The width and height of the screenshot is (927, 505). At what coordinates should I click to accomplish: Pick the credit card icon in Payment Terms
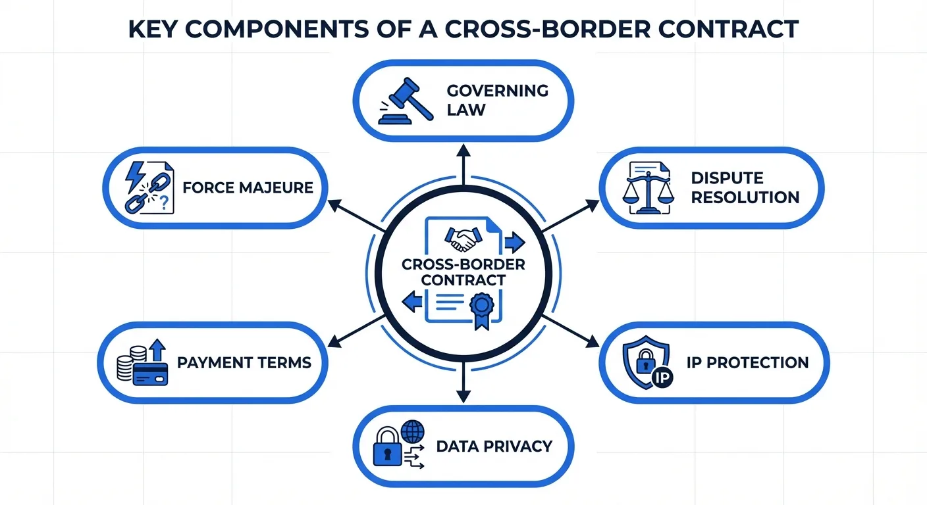pyautogui.click(x=151, y=373)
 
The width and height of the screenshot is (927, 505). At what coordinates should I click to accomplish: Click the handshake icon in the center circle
pyautogui.click(x=463, y=239)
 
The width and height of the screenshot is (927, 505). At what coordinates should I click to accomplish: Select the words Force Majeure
pyautogui.click(x=248, y=187)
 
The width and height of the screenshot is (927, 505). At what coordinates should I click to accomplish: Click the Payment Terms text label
pyautogui.click(x=244, y=362)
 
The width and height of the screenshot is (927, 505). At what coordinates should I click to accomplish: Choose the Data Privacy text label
pyautogui.click(x=494, y=446)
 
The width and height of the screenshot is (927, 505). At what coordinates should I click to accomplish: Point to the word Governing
pyautogui.click(x=497, y=90)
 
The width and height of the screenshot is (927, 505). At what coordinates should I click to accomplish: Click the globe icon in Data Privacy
pyautogui.click(x=413, y=432)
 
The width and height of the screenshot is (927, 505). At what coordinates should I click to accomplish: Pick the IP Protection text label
pyautogui.click(x=747, y=362)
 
